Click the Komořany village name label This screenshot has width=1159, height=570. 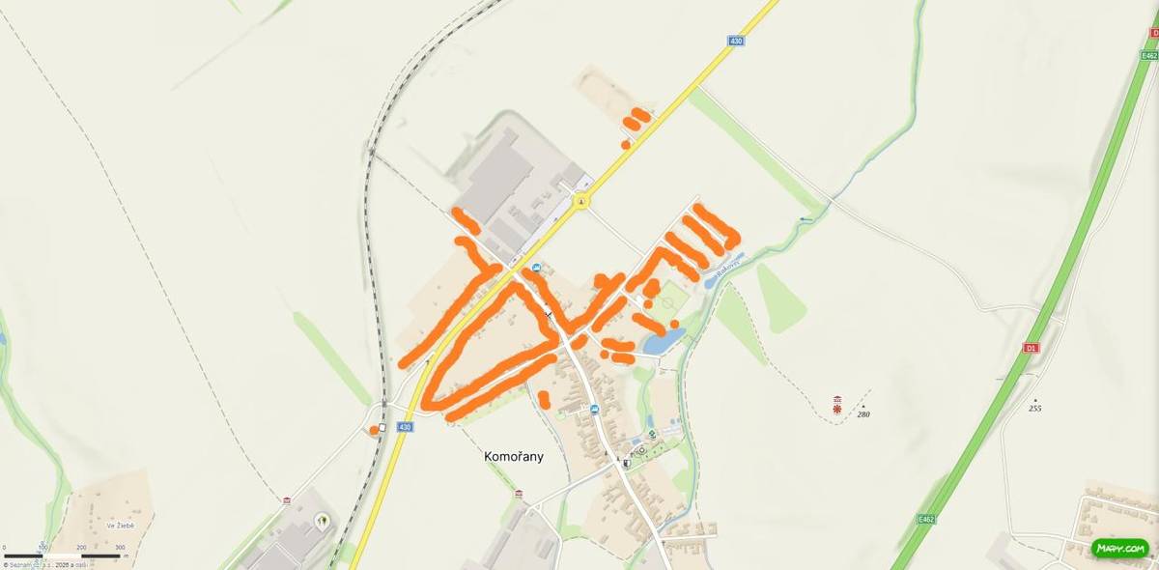click(513, 457)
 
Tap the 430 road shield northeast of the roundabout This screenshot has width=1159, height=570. click(736, 41)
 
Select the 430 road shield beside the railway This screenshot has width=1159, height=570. click(404, 427)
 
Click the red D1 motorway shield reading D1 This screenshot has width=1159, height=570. click(1031, 347)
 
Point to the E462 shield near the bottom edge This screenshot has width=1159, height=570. click(927, 519)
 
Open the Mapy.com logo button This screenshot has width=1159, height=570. click(1120, 549)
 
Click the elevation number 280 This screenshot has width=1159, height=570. click(863, 413)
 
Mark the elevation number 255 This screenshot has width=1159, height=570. click(1035, 409)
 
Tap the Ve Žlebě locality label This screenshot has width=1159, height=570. click(121, 526)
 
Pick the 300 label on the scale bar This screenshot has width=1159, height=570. click(120, 548)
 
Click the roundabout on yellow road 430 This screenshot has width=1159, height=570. click(580, 201)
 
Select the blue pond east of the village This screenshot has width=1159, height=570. click(664, 340)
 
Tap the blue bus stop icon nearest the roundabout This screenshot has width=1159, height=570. click(537, 268)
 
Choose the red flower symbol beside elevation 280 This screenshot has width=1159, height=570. click(836, 410)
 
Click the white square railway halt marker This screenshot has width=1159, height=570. click(383, 428)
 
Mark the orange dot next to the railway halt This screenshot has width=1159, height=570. click(373, 430)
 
